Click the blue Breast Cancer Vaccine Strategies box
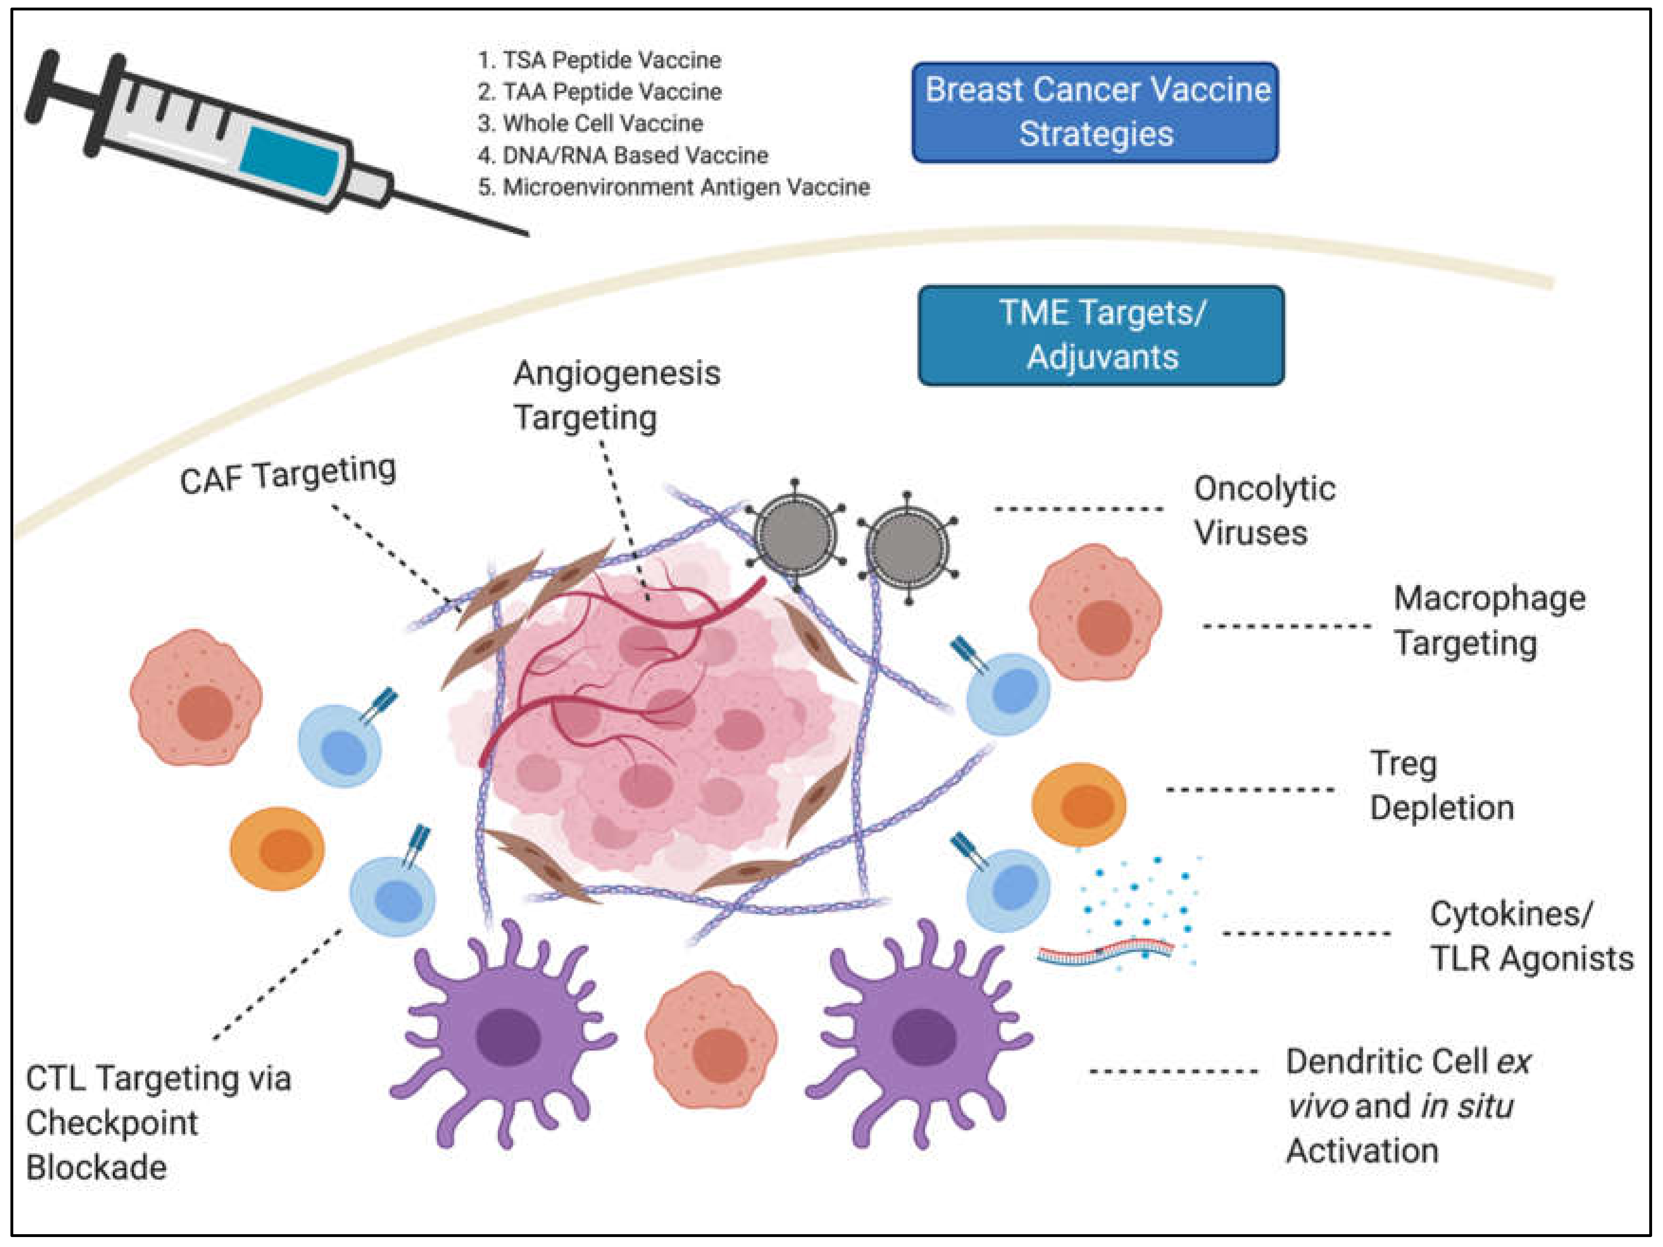coord(1095,112)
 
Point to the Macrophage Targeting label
coord(1488,621)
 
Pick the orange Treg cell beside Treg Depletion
coord(1079,804)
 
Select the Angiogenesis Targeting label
coord(617,395)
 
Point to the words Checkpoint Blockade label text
coord(111,1145)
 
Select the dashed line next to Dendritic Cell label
coord(1173,1071)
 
